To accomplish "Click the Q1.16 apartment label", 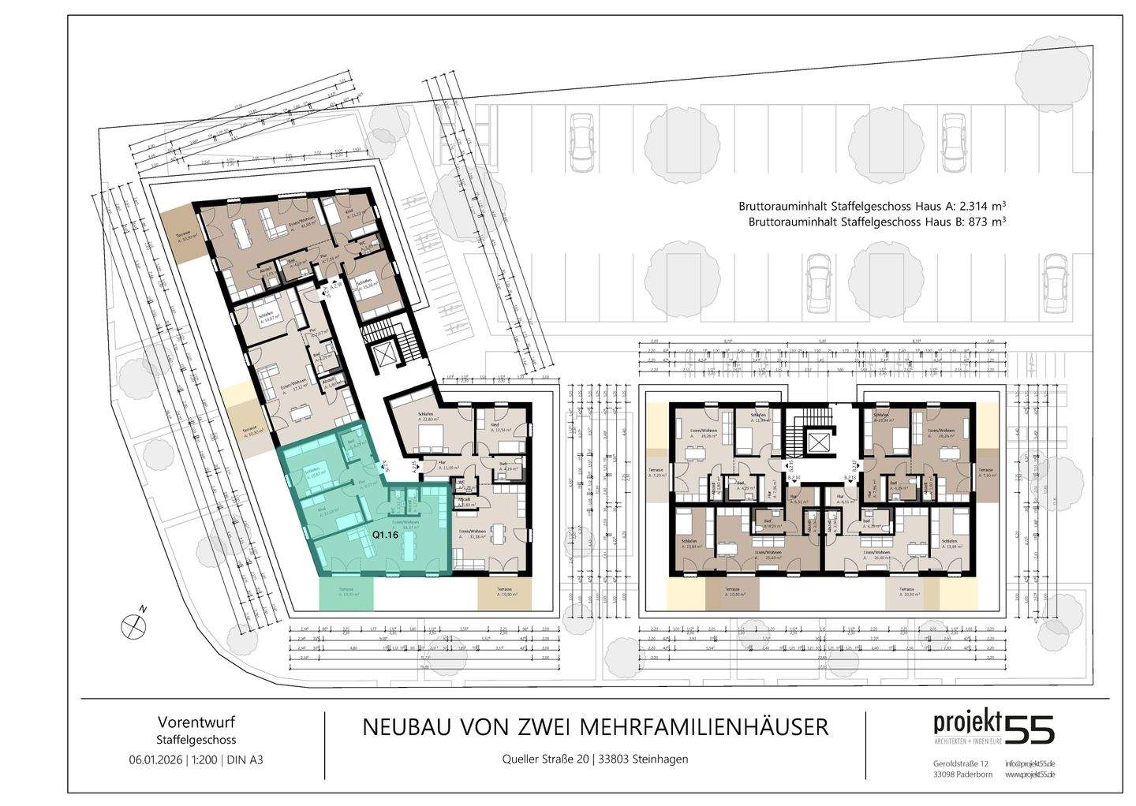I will [x=384, y=534].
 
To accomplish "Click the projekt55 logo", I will [x=993, y=728].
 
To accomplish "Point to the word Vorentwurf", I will [x=196, y=722].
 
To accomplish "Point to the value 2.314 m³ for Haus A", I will [x=974, y=206].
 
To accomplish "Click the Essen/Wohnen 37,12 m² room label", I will [x=291, y=387].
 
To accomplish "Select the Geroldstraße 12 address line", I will [x=960, y=764].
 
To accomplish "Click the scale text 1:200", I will [x=206, y=760].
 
